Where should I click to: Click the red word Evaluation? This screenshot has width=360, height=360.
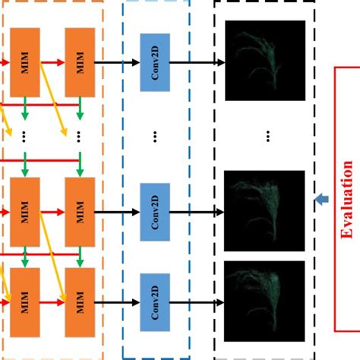pos(347,200)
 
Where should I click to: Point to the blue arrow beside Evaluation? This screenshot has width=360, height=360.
pos(321,200)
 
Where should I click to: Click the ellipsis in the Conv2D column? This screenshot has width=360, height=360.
pos(153,137)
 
